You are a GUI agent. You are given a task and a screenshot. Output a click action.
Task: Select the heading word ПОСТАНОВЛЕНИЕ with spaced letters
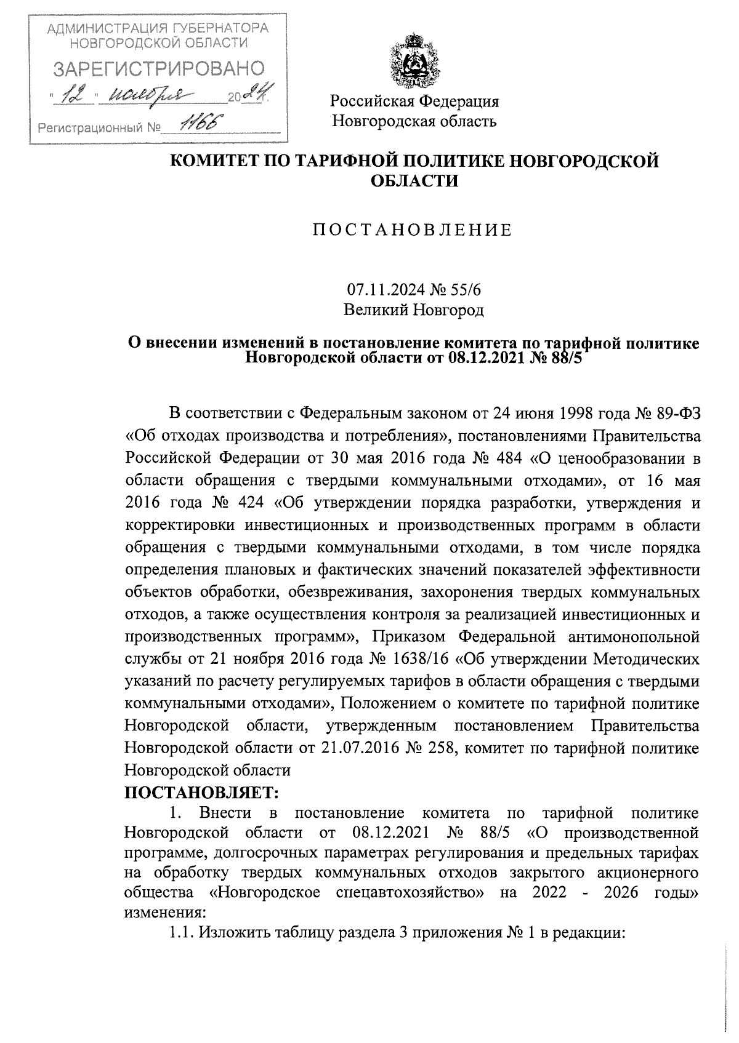click(x=413, y=230)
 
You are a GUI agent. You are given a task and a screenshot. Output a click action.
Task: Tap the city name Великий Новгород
click(x=414, y=310)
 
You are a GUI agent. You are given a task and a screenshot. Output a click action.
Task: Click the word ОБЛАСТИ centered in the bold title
click(x=414, y=182)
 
